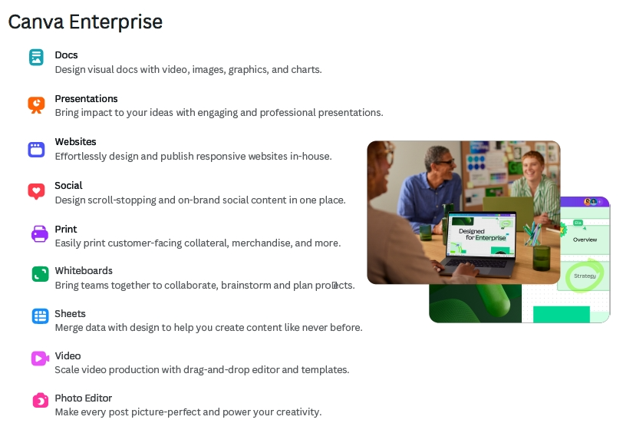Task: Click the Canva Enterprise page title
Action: coord(85,21)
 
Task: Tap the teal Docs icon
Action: coord(36,57)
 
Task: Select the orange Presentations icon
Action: coord(36,105)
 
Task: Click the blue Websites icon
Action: coord(36,150)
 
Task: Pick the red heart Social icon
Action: coord(36,191)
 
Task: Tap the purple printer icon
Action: coord(40,234)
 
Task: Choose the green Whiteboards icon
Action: coord(40,274)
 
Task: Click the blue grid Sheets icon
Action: coord(40,316)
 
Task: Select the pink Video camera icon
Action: coord(40,359)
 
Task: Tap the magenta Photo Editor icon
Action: coord(40,401)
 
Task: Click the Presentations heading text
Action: coord(86,98)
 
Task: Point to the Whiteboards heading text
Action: coord(84,271)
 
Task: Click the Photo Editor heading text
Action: coord(84,398)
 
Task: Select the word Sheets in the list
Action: coord(70,314)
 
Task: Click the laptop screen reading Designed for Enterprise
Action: coord(481,235)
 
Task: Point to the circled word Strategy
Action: coord(585,276)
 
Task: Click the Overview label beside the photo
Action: coord(585,240)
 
